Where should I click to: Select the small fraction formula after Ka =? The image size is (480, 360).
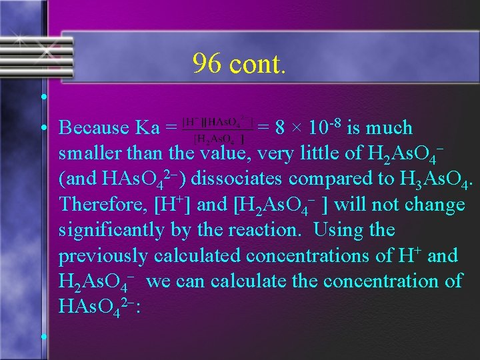tap(217, 127)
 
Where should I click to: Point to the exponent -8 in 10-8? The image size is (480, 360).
tap(335, 123)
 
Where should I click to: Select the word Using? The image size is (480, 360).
tap(337, 230)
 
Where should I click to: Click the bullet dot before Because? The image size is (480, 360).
tap(42, 128)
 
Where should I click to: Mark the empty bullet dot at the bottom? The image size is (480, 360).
tap(42, 337)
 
